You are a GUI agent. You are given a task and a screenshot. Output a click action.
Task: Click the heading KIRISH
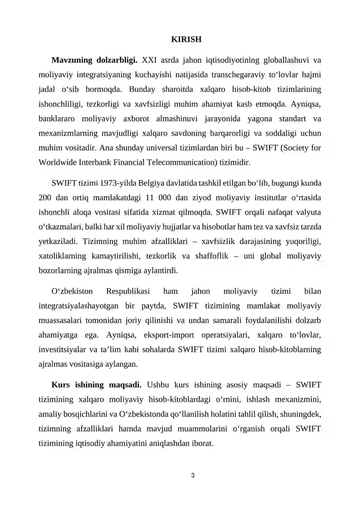coord(186,39)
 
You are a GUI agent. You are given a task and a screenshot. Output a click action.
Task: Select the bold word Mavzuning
coord(72,60)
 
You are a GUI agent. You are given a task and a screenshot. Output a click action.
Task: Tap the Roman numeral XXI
coord(150,60)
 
